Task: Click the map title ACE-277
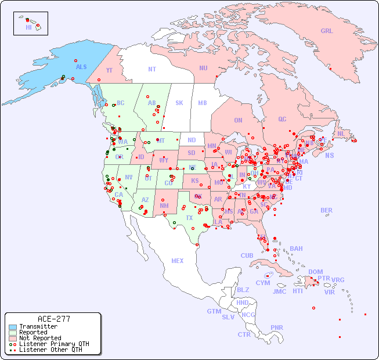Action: tap(53, 319)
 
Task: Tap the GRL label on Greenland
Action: tap(327, 31)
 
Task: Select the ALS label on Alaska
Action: tap(81, 67)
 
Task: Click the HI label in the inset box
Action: tap(28, 27)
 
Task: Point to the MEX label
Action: tap(178, 261)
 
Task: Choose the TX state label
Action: tap(189, 218)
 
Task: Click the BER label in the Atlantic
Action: tap(326, 210)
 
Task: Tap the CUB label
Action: tap(247, 255)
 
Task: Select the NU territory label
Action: tap(203, 68)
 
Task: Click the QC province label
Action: tap(282, 119)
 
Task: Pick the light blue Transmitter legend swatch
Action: tap(13, 327)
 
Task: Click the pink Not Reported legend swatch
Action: tap(13, 338)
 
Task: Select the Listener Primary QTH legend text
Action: tap(53, 344)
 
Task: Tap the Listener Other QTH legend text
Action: tap(50, 350)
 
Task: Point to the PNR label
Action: tap(277, 327)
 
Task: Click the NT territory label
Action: tap(152, 69)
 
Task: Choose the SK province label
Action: tap(179, 103)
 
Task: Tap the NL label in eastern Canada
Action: tap(341, 133)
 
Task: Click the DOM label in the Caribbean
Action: tap(315, 272)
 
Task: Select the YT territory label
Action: tap(109, 70)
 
